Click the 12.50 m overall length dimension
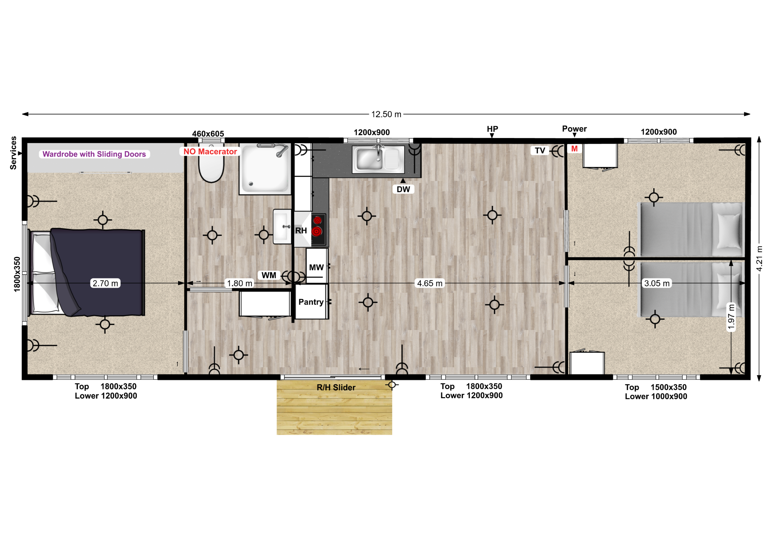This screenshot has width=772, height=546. point(386,114)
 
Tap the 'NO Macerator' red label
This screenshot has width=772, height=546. point(210,152)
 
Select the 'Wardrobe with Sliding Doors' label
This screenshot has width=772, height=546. point(94,154)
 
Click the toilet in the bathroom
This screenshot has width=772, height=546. point(211,165)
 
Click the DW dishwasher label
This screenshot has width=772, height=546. point(403,189)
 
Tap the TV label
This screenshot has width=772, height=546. point(540,151)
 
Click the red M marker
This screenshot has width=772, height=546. point(574,149)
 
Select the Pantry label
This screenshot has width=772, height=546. point(311,302)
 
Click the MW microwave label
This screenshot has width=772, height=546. point(316,267)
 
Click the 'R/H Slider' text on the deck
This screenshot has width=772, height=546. point(336,387)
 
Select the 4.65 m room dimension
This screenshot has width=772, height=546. point(430,283)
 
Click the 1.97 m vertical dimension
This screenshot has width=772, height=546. point(731,317)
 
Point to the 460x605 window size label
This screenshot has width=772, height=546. point(208,134)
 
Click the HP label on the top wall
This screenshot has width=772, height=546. point(492,129)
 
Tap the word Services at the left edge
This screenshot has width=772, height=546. point(13,153)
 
